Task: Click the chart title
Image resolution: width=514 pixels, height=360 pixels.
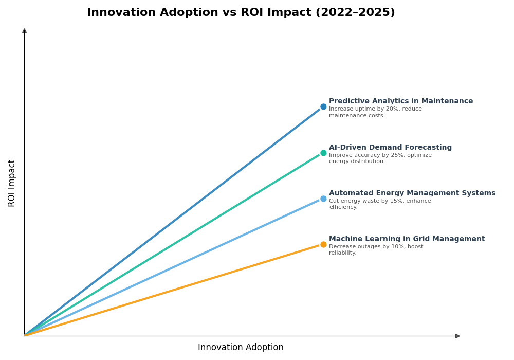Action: tap(241, 13)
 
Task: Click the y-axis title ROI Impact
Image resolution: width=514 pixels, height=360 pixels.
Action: tap(12, 183)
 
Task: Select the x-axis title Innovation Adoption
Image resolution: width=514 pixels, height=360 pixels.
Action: tap(241, 348)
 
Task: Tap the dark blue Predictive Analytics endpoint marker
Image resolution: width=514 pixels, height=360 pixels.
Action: tap(323, 107)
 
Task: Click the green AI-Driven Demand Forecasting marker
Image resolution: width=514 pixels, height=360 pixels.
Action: tap(323, 153)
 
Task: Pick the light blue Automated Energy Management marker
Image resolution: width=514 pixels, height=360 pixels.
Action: tap(323, 199)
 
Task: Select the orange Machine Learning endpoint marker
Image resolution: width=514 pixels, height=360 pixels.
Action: tap(323, 244)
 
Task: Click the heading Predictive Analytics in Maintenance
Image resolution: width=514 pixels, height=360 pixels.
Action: tap(400, 101)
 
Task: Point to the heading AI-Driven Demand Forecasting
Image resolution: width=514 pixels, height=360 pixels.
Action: tap(390, 148)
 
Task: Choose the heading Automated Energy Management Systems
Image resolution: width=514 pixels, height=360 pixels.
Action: tap(412, 193)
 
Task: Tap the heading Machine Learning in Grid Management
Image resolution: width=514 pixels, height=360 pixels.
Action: tap(407, 239)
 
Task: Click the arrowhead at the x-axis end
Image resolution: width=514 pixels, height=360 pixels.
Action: tap(457, 336)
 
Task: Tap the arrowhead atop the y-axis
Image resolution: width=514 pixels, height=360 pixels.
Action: tap(24, 31)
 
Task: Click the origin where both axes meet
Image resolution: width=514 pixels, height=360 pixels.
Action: tap(24, 336)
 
